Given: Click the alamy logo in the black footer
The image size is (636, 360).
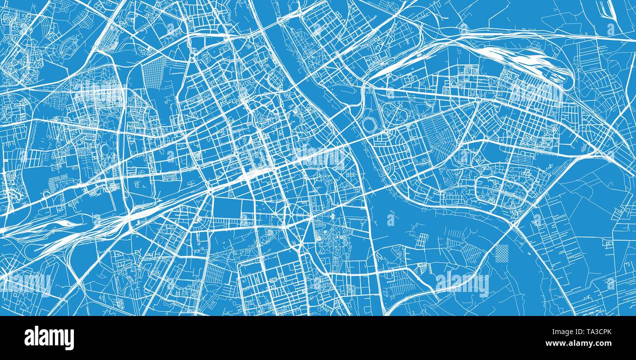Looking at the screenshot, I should pyautogui.click(x=49, y=338).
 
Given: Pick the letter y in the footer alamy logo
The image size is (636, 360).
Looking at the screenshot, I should pyautogui.click(x=70, y=339).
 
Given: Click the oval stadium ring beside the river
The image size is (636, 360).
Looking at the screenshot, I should pyautogui.click(x=368, y=125).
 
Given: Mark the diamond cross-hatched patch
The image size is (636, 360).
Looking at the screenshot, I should pyautogui.click(x=502, y=252).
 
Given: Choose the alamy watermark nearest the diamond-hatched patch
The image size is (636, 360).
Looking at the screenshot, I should pyautogui.click(x=462, y=283).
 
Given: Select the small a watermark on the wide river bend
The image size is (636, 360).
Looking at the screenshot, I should pyautogui.click(x=390, y=220).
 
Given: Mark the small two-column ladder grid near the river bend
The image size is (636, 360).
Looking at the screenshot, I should pyautogui.click(x=422, y=240).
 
